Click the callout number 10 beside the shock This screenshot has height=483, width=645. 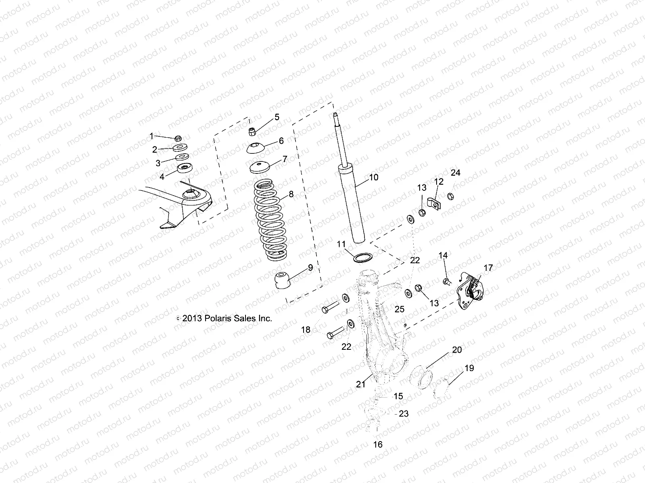tap(374, 177)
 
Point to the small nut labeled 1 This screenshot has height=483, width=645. tap(178, 138)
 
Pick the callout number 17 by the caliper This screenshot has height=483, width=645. tap(488, 268)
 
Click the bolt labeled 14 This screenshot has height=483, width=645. tap(446, 281)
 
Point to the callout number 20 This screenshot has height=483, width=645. tap(457, 350)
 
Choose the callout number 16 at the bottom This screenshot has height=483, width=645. tap(378, 444)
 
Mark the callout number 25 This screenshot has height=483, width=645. tap(399, 309)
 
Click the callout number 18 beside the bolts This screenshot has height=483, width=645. tap(306, 330)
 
